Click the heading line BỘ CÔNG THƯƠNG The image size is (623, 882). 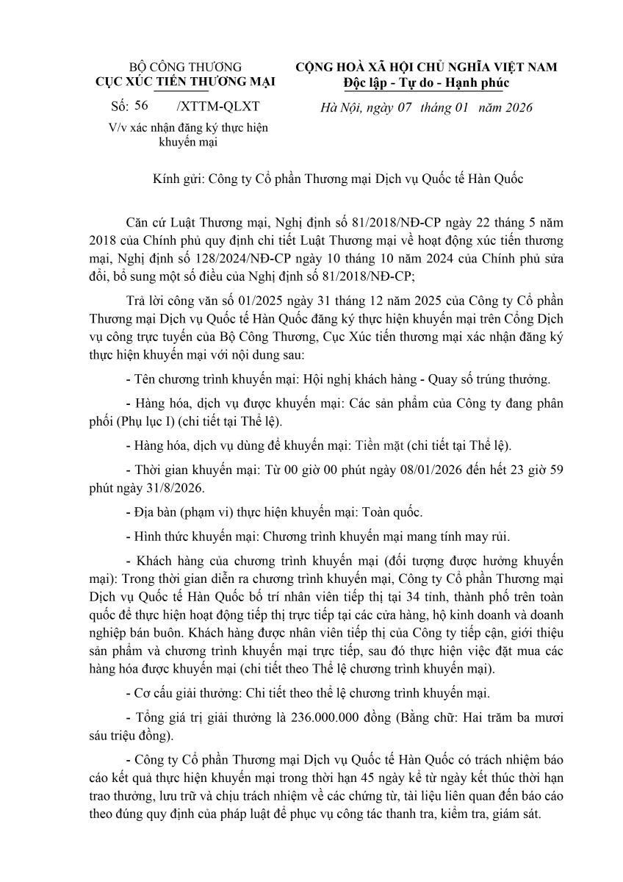(x=185, y=67)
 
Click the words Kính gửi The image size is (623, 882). (x=178, y=179)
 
